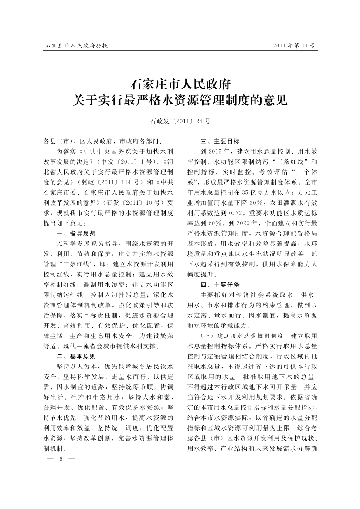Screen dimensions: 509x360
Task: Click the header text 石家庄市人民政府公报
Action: tap(76, 45)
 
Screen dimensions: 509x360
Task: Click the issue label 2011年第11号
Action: tap(293, 45)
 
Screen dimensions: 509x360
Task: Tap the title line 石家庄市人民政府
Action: tap(180, 83)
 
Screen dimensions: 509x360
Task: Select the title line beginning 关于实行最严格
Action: tap(180, 101)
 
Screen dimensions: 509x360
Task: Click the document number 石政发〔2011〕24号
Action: tap(180, 121)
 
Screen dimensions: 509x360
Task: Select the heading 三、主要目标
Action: tap(220, 142)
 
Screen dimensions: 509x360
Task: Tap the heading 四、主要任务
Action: tap(220, 285)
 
